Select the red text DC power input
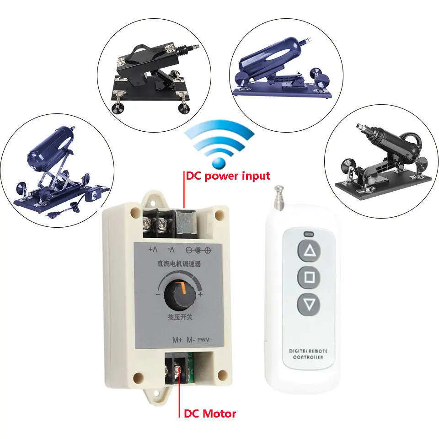tap(227, 176)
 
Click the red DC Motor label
tap(210, 414)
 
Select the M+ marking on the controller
tap(177, 340)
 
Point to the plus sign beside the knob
tap(200, 295)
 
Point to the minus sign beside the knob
tap(157, 295)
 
